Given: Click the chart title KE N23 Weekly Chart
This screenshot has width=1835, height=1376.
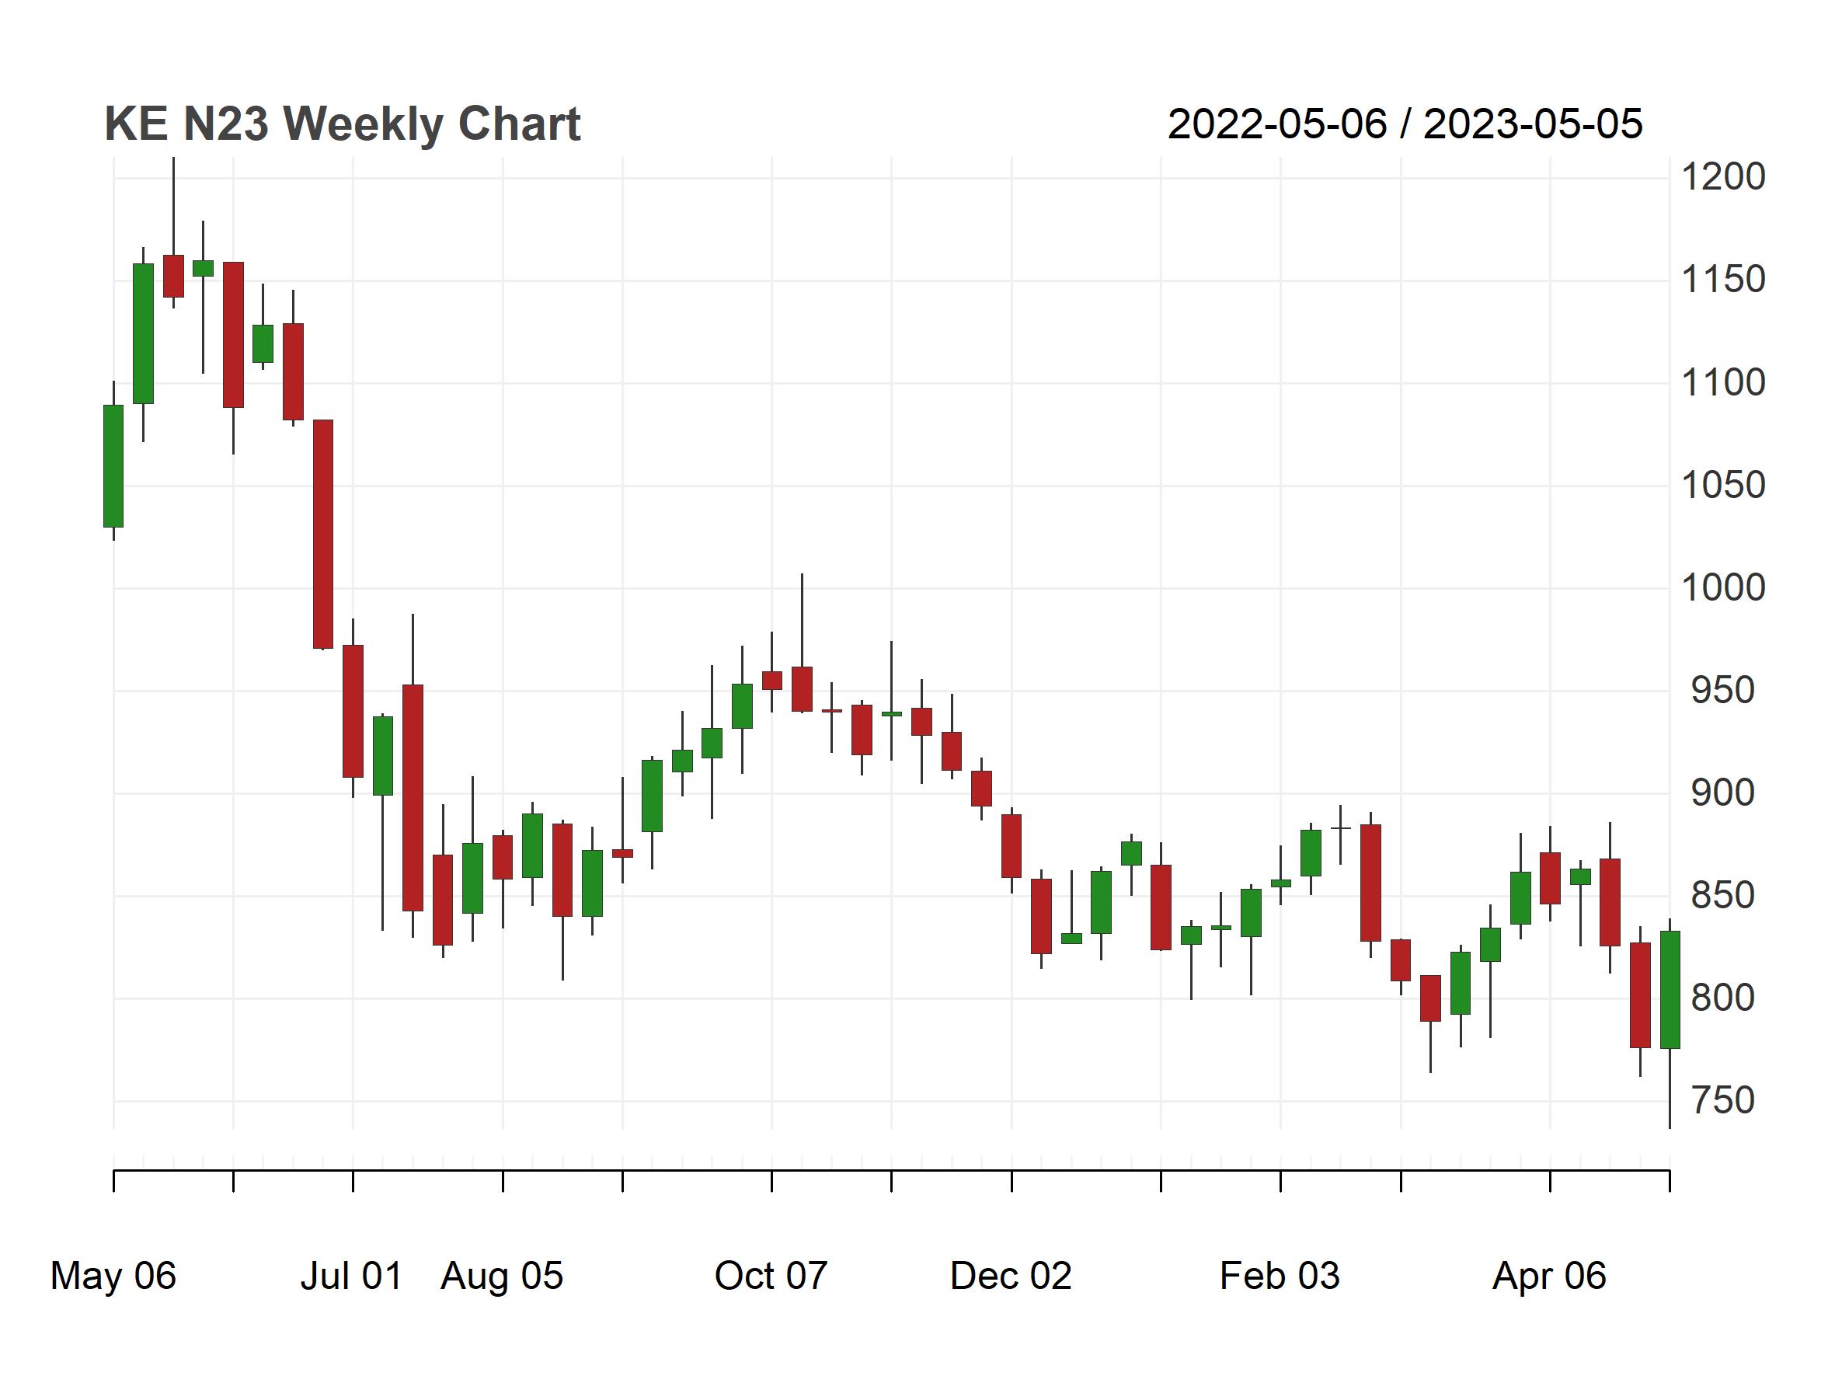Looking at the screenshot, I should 342,124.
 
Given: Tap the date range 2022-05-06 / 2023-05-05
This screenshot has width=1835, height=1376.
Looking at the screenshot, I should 1405,124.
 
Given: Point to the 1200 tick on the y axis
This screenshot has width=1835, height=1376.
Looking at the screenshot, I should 1722,176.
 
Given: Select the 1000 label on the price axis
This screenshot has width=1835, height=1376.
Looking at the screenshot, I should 1722,588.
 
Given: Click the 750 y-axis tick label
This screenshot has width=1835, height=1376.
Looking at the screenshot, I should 1722,1101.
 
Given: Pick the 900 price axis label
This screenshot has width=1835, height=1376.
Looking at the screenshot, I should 1722,793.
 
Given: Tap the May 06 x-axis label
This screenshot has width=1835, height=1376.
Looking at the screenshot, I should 113,1276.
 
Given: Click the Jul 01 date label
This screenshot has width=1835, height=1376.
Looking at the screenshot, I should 352,1276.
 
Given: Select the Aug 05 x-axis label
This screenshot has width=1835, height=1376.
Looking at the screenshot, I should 502,1276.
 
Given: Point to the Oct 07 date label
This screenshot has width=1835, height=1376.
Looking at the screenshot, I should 771,1276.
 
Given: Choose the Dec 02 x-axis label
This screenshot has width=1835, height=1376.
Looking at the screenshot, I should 1011,1276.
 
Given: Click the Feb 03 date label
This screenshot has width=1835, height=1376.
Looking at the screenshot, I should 1280,1276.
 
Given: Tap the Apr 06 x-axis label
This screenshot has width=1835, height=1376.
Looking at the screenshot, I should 1549,1276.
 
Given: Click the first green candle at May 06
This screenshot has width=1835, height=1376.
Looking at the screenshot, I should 113,466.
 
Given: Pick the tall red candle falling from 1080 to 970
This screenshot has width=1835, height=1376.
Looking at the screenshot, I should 322,533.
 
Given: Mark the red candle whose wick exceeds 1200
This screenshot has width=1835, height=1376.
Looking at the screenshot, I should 173,275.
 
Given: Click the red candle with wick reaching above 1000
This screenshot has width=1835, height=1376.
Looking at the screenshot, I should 802,688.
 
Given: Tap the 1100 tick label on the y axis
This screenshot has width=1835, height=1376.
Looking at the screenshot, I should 1722,382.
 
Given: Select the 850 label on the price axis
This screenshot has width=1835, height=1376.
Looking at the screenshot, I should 1722,896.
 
